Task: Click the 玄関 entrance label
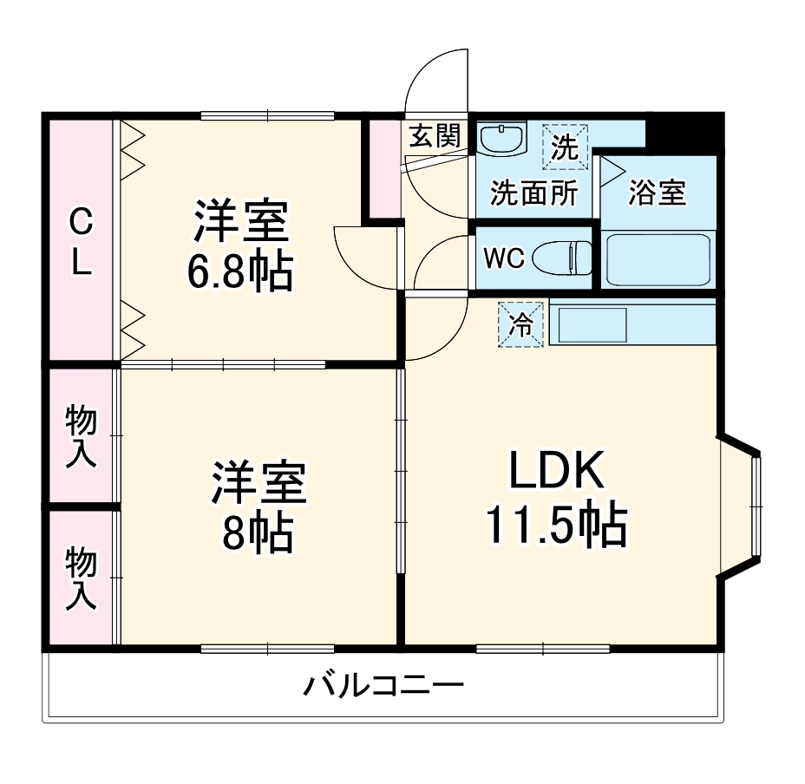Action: (433, 135)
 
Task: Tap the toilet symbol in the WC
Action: (564, 258)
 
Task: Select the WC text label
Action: (502, 258)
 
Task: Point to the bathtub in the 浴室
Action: (658, 258)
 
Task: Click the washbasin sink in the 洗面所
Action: (501, 139)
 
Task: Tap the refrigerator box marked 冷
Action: (521, 324)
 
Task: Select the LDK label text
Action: (555, 473)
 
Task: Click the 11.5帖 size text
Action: (555, 523)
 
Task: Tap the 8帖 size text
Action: (257, 532)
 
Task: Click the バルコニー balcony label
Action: (383, 688)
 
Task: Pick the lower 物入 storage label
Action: (82, 577)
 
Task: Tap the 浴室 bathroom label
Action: (657, 193)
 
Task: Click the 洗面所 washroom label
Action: (533, 193)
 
